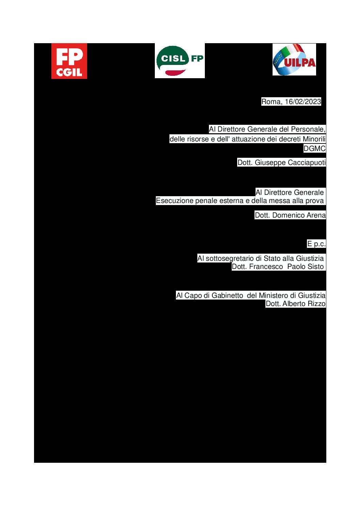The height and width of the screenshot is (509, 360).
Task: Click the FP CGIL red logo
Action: (69, 61)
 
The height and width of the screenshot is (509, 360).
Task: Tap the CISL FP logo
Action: (180, 61)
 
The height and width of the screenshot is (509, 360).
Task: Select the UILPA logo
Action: (294, 60)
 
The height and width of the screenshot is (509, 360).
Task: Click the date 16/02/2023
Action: (303, 102)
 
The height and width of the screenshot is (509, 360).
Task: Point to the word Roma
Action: (272, 102)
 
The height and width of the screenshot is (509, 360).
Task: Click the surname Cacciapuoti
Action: (307, 163)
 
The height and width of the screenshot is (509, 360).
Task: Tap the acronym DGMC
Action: (314, 148)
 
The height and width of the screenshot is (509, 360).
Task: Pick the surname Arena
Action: (316, 215)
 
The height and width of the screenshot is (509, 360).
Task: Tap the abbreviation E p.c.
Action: (316, 244)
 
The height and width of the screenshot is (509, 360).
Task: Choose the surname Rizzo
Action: (316, 304)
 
